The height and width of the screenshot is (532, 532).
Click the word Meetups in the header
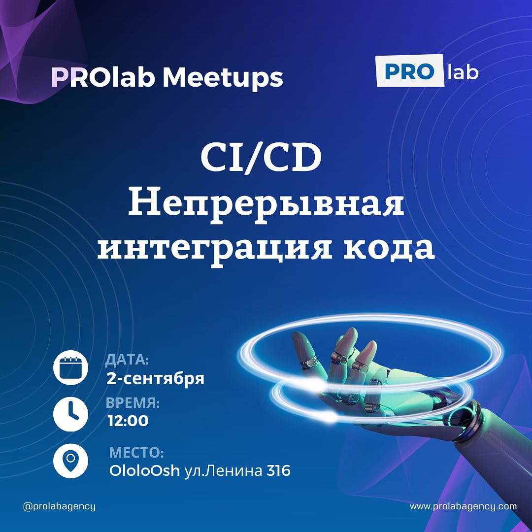click(x=223, y=77)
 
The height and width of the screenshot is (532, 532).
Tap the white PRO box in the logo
click(x=410, y=70)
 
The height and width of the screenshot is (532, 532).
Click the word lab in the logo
click(x=463, y=71)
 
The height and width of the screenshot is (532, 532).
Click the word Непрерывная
click(x=266, y=204)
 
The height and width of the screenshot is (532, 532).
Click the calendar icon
click(x=70, y=367)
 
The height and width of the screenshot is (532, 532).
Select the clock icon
click(x=70, y=414)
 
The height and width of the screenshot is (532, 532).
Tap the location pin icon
click(x=70, y=461)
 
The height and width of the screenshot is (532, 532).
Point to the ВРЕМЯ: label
click(x=133, y=403)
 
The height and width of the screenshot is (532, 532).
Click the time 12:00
click(x=128, y=421)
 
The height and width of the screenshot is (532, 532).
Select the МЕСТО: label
click(x=137, y=453)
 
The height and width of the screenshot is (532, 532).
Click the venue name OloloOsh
click(x=144, y=470)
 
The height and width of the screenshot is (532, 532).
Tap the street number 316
click(x=278, y=470)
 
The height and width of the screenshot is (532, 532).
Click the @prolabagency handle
click(x=60, y=506)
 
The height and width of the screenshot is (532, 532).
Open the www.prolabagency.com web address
click(x=464, y=506)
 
